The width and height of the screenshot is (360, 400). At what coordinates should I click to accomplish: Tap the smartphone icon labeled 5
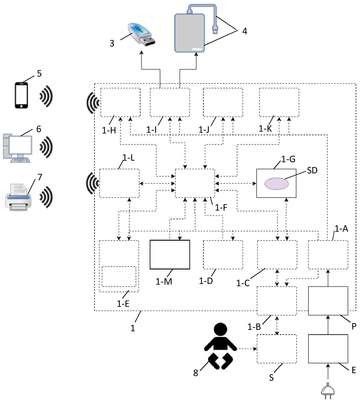click(21, 95)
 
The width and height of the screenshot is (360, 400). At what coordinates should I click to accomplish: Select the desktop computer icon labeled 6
click(17, 147)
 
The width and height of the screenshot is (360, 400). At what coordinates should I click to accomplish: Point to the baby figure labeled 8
click(219, 346)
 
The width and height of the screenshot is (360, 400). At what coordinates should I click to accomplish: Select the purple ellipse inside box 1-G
click(277, 183)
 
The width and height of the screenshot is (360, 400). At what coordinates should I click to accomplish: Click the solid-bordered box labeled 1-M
click(170, 254)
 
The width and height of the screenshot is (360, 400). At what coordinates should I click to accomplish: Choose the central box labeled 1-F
click(195, 182)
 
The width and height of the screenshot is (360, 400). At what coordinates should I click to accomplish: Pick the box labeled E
click(328, 349)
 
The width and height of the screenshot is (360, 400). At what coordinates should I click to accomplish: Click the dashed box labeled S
click(277, 349)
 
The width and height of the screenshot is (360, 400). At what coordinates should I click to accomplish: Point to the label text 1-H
click(109, 130)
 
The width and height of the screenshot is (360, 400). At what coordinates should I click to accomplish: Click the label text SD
click(312, 171)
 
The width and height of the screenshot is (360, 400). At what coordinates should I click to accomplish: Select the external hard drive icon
click(189, 33)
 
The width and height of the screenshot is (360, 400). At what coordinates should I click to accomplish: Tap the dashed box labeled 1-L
click(119, 183)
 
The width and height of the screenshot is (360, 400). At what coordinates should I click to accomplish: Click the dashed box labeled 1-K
click(279, 102)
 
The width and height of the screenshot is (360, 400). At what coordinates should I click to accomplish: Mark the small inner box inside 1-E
click(119, 276)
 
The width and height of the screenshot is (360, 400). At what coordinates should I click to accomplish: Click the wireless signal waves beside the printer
click(46, 197)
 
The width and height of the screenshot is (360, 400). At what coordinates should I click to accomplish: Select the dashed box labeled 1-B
click(277, 301)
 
